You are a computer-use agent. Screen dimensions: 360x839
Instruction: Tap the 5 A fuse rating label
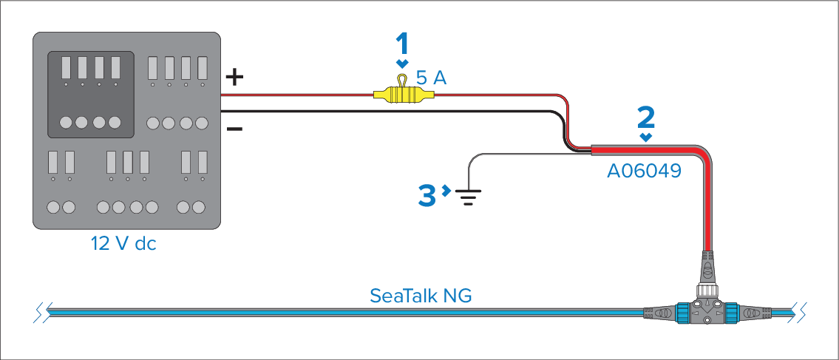(x=431, y=78)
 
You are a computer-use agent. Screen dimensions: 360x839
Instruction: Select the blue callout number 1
(x=401, y=44)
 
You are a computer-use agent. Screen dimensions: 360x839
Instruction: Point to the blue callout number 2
(x=646, y=117)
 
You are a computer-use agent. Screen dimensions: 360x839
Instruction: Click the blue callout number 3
(x=427, y=194)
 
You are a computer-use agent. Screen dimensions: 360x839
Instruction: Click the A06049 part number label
(x=644, y=171)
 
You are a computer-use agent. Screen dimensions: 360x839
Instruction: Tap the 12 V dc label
(x=123, y=243)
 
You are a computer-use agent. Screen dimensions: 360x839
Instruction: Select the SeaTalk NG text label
(x=421, y=296)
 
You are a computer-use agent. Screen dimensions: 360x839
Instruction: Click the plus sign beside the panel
(x=234, y=76)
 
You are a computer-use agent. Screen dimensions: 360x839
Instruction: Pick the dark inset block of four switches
(x=91, y=94)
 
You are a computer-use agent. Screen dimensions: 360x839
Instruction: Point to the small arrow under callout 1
(x=401, y=64)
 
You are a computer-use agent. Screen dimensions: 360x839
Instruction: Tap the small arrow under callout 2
(x=647, y=137)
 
